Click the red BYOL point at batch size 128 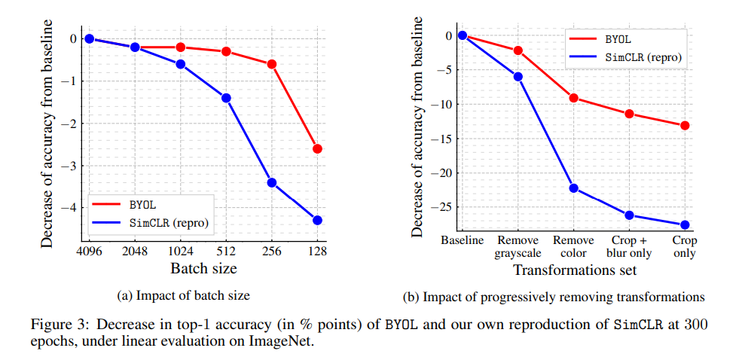pyautogui.click(x=317, y=149)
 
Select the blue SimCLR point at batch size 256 pyautogui.click(x=272, y=182)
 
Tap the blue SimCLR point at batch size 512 pyautogui.click(x=226, y=98)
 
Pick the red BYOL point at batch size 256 pyautogui.click(x=272, y=64)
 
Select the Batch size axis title pyautogui.click(x=203, y=269)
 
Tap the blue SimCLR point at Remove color pyautogui.click(x=573, y=188)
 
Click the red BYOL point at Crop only pyautogui.click(x=685, y=125)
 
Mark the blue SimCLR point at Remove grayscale pyautogui.click(x=518, y=76)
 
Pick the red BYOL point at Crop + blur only pyautogui.click(x=629, y=114)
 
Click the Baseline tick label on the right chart pyautogui.click(x=463, y=241)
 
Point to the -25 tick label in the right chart pyautogui.click(x=442, y=207)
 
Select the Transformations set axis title pyautogui.click(x=573, y=270)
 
